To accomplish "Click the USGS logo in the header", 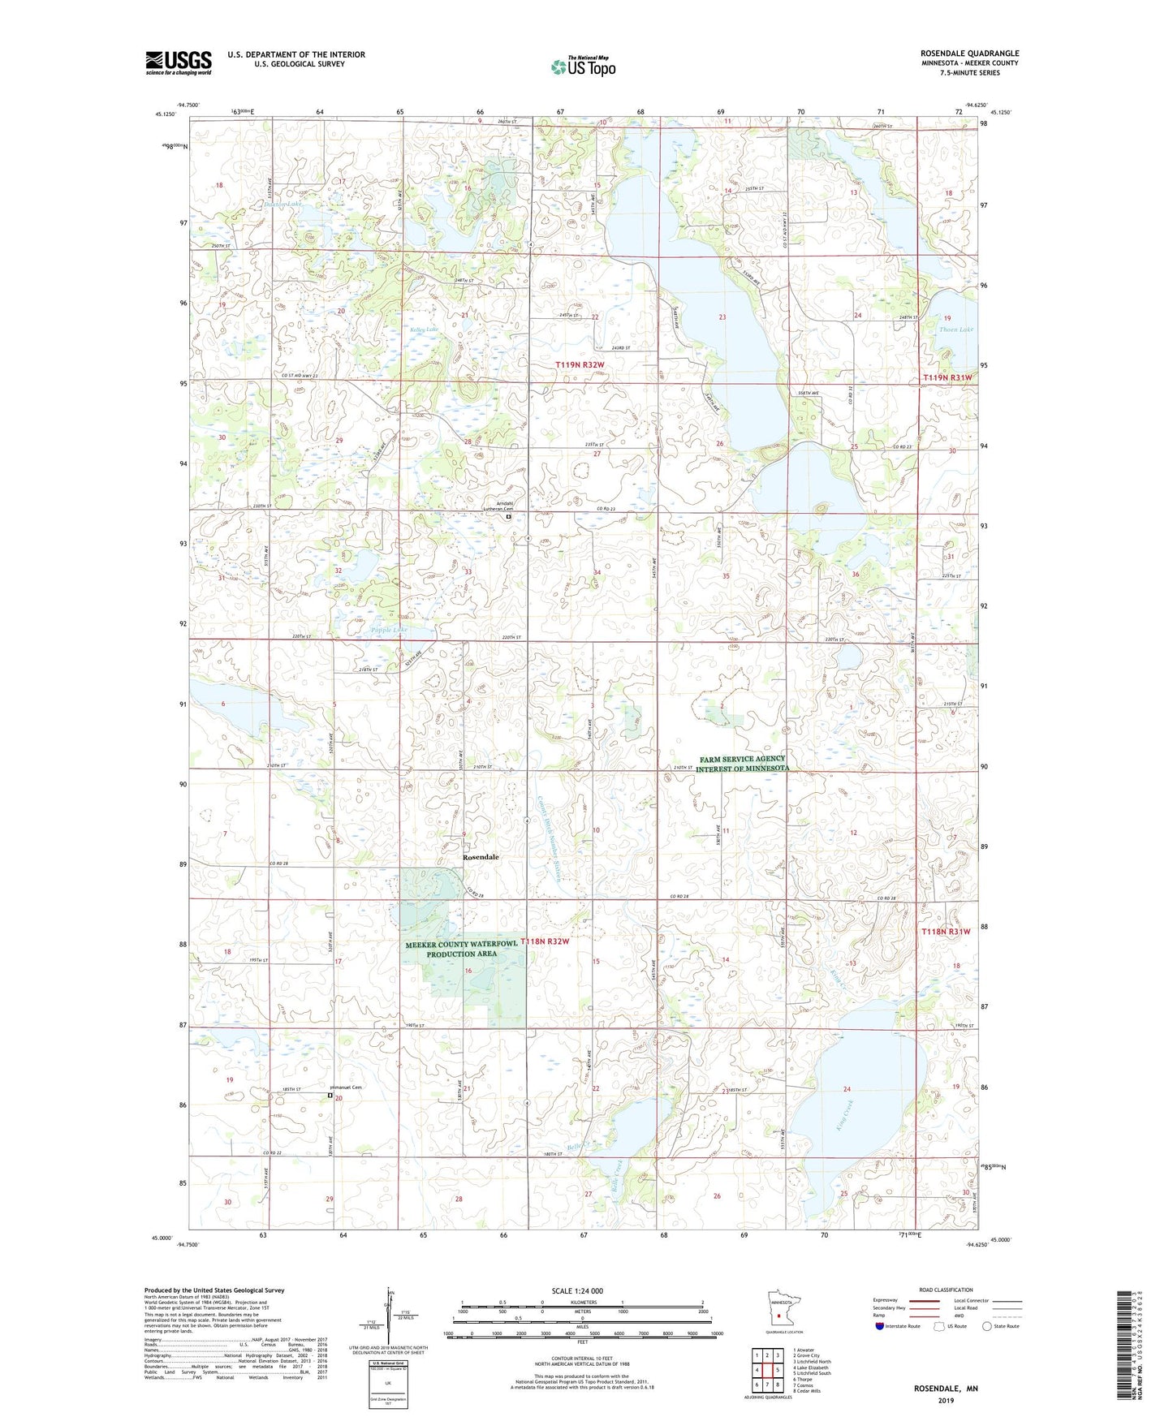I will tap(179, 62).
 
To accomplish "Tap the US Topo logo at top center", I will tap(582, 66).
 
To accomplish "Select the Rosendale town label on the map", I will tap(481, 857).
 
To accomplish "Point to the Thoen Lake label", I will tap(955, 329).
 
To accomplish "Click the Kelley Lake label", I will tap(424, 329).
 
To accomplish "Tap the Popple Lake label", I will tap(389, 630).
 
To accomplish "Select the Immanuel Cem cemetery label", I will tap(344, 1088).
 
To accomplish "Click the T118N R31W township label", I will tap(946, 932).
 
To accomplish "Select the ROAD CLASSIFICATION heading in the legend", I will tap(946, 1290).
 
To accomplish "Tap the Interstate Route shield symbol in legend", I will tap(882, 1327).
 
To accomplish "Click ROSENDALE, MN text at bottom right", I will tap(946, 1389).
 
